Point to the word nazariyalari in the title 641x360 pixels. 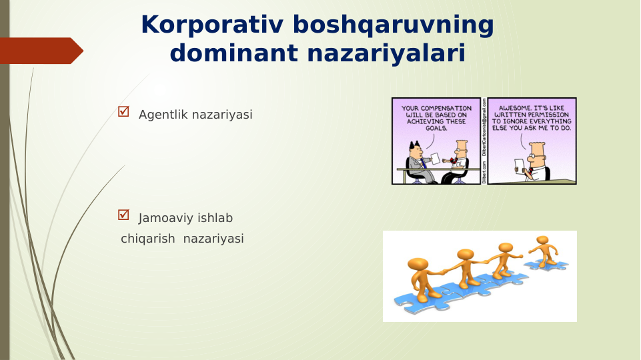pyautogui.click(x=386, y=53)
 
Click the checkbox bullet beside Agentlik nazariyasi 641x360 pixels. pyautogui.click(x=123, y=112)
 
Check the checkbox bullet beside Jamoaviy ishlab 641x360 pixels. pyautogui.click(x=123, y=215)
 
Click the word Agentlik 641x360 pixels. pyautogui.click(x=163, y=115)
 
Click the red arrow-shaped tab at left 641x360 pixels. pyautogui.click(x=40, y=51)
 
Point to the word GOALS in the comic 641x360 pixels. pyautogui.click(x=436, y=128)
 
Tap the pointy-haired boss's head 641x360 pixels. pyautogui.click(x=415, y=149)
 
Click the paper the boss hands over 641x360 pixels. pyautogui.click(x=436, y=158)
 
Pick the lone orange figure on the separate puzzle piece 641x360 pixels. pyautogui.click(x=544, y=249)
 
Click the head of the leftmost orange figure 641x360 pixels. pyautogui.click(x=418, y=264)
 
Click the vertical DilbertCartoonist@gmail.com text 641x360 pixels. pyautogui.click(x=484, y=127)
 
